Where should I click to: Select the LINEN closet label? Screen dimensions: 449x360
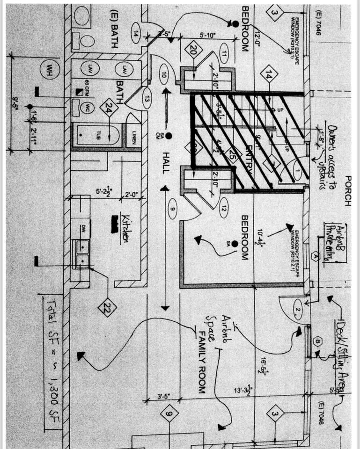[134, 136]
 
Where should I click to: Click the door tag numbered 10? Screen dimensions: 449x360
[164, 74]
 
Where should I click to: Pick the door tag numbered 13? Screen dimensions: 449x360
[147, 99]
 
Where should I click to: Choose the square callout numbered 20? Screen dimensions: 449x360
[193, 51]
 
